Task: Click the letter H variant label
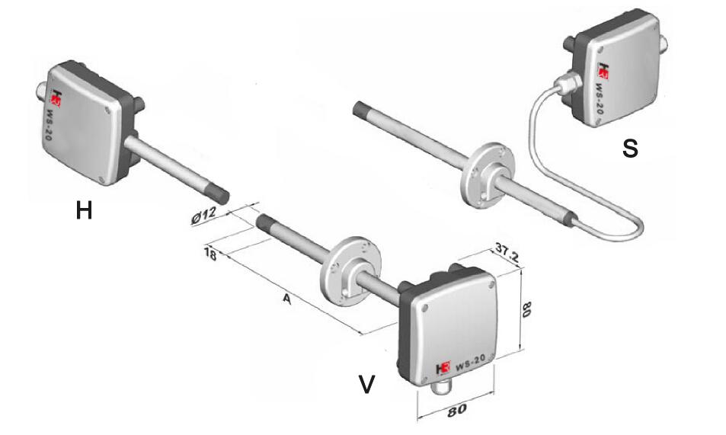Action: pyautogui.click(x=84, y=211)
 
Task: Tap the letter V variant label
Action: pyautogui.click(x=366, y=384)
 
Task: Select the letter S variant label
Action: pyautogui.click(x=630, y=149)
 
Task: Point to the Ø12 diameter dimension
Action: pyautogui.click(x=204, y=216)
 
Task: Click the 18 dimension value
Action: pyautogui.click(x=210, y=254)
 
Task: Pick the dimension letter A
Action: pyautogui.click(x=287, y=299)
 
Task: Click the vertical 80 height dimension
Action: pyautogui.click(x=526, y=309)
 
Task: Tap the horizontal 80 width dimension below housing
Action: pyautogui.click(x=456, y=410)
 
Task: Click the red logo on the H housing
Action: pyautogui.click(x=56, y=98)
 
